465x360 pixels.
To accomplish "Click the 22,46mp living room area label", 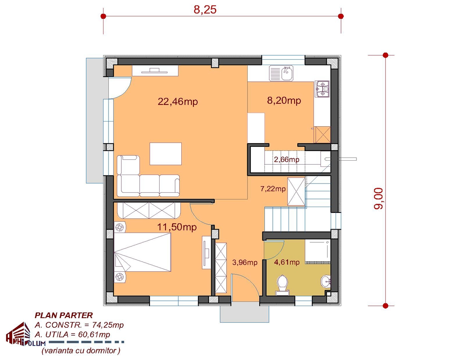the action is pos(177,101).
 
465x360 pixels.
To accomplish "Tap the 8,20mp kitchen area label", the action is pos(284,101).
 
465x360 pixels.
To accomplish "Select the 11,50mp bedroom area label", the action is pos(177,227).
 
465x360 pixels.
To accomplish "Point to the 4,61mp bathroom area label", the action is pos(287,262).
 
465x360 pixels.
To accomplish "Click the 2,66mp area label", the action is pos(286,159).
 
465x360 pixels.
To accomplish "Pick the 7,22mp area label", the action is pos(273,189).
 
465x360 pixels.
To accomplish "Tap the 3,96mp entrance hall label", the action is pos(245,262).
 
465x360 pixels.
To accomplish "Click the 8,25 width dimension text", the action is pos(205,10).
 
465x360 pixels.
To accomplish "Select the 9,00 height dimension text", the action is pos(378,198).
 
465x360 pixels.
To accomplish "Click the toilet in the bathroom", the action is pos(282,285).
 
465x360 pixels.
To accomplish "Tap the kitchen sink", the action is pos(281,73).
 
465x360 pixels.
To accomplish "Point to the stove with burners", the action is pos(322,89).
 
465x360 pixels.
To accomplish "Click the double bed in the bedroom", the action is pos(142,252).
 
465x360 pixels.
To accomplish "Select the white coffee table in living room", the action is pos(165,154).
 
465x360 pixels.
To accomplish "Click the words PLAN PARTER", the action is pos(64,315).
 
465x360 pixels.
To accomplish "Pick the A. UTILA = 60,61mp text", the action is pos(72,334).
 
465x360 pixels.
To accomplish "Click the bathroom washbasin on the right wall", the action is pos(325,281).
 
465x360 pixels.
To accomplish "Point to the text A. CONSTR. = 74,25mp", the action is pos(79,325).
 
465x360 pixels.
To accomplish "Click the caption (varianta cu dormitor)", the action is pos(81,351).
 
